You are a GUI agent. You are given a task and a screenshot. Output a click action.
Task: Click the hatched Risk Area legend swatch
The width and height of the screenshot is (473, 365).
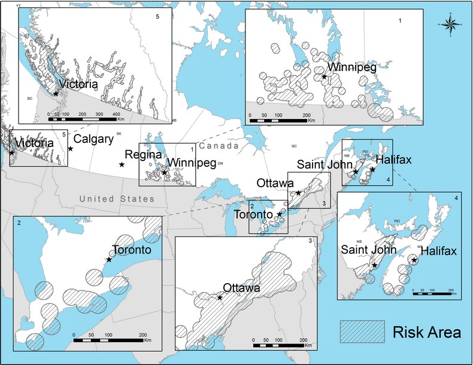[x=362, y=330]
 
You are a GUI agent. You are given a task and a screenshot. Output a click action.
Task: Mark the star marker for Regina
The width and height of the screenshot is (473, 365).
[x=122, y=165]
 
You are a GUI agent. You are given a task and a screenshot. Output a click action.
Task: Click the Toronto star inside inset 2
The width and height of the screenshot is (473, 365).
[x=109, y=259]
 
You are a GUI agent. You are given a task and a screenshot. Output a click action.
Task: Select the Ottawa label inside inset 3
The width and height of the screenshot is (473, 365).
[x=241, y=288]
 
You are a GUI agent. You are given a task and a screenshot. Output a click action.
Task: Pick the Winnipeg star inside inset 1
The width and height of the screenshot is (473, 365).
[x=324, y=77]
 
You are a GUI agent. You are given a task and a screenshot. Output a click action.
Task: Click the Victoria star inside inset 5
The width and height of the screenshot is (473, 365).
[x=56, y=93]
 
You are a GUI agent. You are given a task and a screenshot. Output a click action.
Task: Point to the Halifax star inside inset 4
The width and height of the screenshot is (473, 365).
[x=414, y=260]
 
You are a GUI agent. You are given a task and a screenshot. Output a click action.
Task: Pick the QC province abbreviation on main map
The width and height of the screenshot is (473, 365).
[x=294, y=145]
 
